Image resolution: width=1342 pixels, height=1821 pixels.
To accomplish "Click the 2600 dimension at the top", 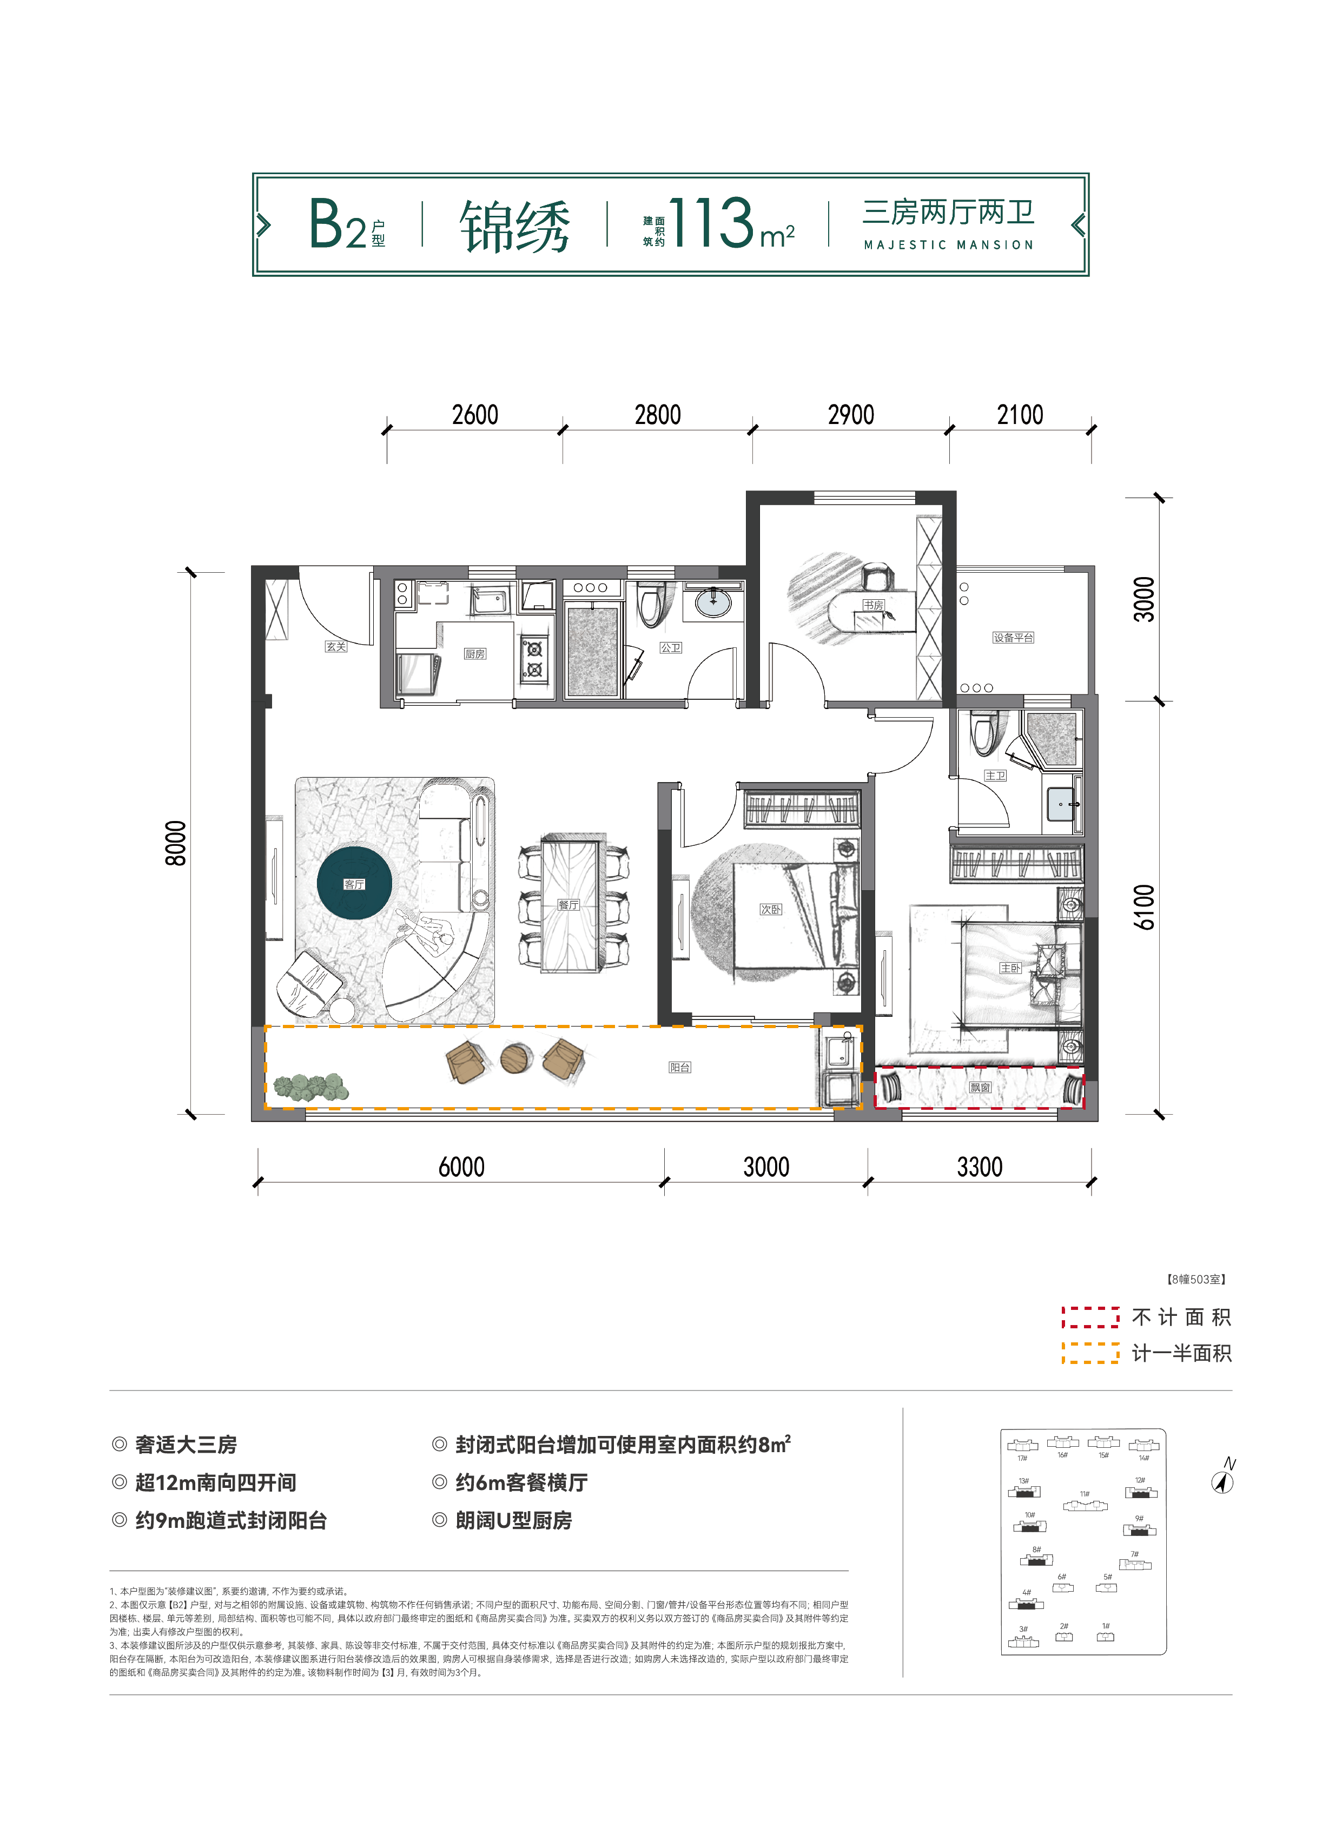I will (475, 415).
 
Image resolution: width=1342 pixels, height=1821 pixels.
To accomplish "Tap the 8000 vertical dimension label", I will (175, 843).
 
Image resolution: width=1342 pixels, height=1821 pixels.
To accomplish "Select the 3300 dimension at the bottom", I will (980, 1167).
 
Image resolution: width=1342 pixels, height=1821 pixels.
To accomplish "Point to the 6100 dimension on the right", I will (1144, 906).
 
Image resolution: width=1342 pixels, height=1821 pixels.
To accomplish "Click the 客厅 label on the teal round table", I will (354, 884).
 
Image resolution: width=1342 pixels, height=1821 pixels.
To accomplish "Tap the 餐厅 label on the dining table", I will (568, 904).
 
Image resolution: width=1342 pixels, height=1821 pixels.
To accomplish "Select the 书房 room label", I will (873, 605).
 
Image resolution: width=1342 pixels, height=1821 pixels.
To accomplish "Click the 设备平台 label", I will (1013, 638).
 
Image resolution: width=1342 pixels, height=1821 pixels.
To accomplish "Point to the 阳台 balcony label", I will (680, 1067).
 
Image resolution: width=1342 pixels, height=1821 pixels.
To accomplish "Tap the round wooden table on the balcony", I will (516, 1058).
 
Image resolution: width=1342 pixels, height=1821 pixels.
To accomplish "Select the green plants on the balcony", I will (311, 1087).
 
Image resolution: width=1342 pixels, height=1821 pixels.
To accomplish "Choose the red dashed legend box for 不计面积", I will (1090, 1316).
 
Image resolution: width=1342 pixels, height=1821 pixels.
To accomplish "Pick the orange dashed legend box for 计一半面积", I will (1090, 1352).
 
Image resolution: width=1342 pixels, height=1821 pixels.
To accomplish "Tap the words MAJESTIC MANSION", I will (948, 244).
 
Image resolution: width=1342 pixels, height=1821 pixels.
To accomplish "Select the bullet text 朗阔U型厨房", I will (513, 1520).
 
